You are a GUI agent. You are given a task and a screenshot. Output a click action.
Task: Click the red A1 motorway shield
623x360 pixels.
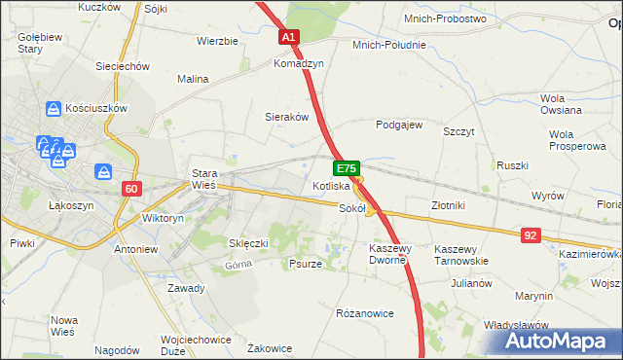(x=289, y=38)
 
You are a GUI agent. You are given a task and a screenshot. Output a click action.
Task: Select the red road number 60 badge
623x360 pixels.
(x=132, y=188)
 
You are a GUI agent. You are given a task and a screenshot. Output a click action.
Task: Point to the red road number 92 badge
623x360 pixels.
(x=531, y=234)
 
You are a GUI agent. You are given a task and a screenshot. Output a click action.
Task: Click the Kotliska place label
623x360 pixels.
(x=331, y=185)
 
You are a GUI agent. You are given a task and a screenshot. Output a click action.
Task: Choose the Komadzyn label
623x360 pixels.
(x=298, y=62)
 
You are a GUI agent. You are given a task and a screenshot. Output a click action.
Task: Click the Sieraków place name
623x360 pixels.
(x=287, y=117)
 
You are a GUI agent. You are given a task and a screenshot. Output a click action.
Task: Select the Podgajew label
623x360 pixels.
(x=399, y=125)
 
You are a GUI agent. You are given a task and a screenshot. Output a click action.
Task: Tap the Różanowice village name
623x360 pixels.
(x=364, y=314)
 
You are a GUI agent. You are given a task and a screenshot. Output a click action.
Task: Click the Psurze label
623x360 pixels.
(x=306, y=264)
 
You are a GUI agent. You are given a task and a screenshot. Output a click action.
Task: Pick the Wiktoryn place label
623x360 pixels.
(x=163, y=219)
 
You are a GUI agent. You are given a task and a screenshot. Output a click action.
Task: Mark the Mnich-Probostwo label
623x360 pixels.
(x=445, y=18)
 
